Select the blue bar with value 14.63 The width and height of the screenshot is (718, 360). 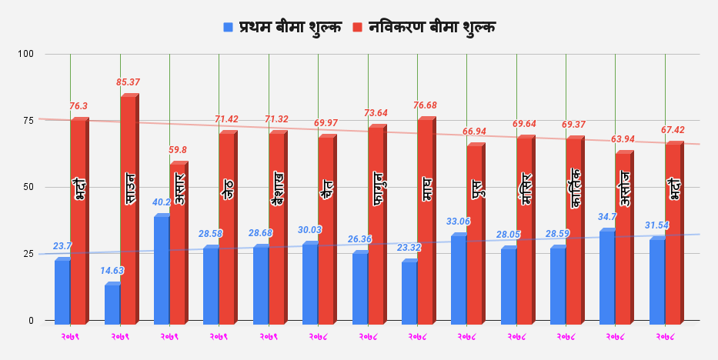[x=112, y=303]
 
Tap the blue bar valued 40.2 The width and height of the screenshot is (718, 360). [x=162, y=268]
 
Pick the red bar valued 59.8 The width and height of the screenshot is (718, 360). [x=177, y=242]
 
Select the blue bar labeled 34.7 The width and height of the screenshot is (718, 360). [x=607, y=276]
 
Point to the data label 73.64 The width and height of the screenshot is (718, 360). [x=376, y=113]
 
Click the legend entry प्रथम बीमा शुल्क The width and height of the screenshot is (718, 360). [x=282, y=27]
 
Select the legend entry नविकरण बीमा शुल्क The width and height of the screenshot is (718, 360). [x=424, y=27]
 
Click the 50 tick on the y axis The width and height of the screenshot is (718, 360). [x=28, y=187]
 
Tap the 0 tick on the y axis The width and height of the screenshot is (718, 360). [x=30, y=321]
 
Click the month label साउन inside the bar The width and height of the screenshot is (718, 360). [x=130, y=188]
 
